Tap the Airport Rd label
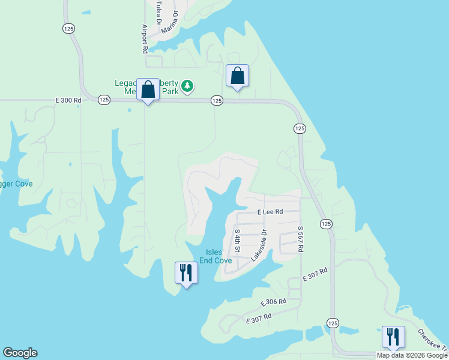145,40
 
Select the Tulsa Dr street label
159,13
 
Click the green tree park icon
188,86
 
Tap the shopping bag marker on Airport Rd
148,90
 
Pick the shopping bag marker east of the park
237,76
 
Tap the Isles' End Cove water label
215,256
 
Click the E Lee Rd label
270,212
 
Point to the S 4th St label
238,240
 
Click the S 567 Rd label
301,239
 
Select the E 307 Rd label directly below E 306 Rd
259,319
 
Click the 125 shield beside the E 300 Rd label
103,100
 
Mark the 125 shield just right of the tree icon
217,101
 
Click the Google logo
20,353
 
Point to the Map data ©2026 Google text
411,355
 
